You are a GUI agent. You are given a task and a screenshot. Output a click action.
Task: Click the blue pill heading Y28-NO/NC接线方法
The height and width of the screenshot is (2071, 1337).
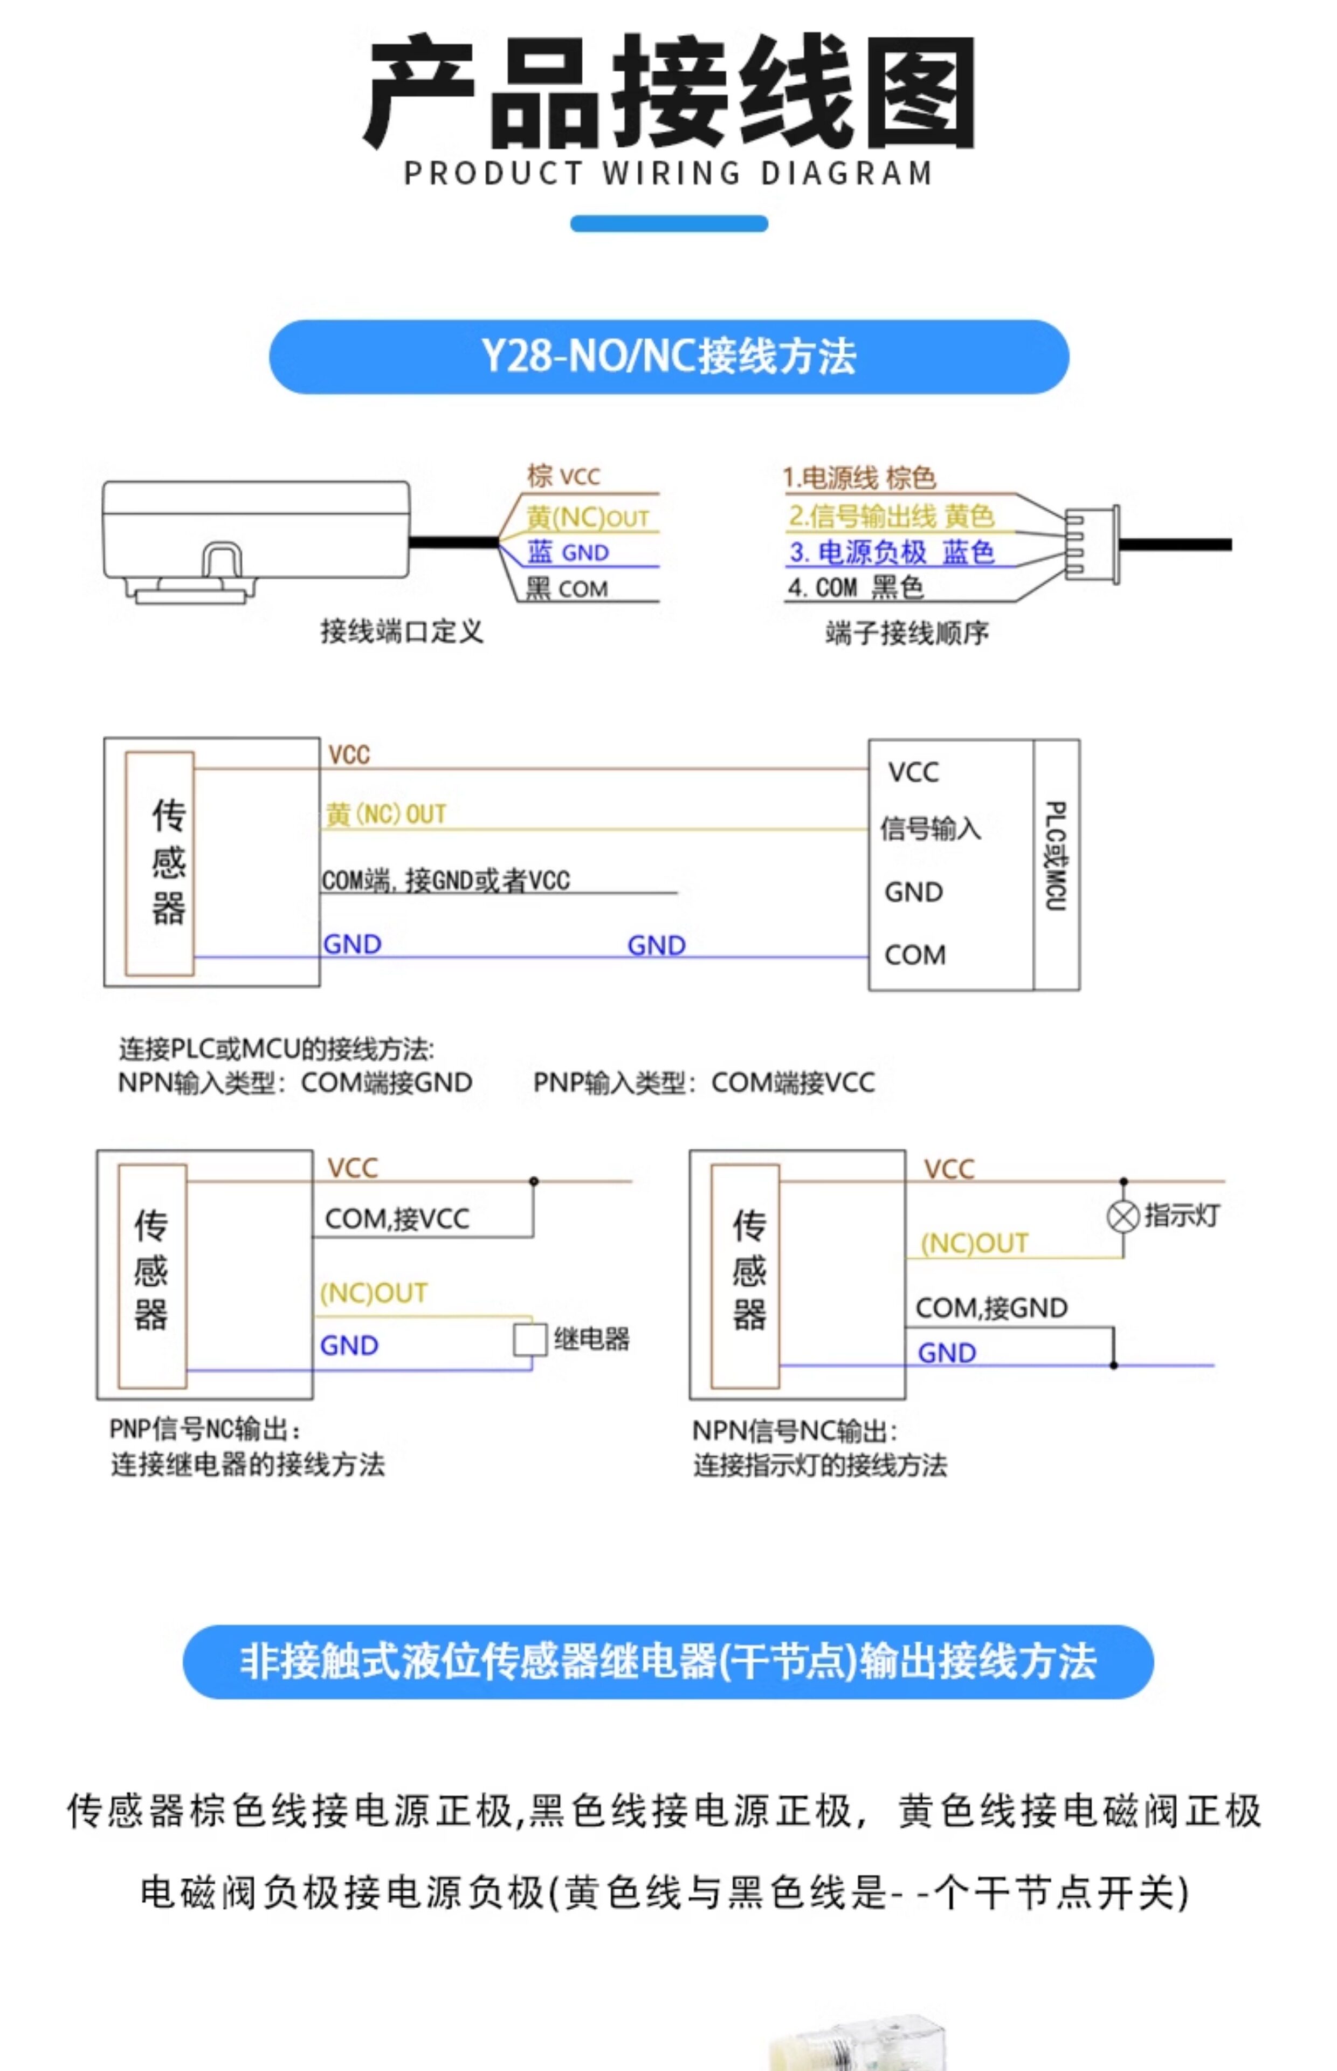668,357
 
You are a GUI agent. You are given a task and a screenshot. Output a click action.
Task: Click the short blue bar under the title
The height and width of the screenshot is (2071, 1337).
668,223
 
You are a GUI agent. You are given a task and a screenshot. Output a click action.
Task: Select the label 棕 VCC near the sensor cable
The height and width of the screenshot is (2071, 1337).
563,476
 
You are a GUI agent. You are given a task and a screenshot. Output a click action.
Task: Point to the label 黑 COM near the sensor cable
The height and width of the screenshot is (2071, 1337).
566,589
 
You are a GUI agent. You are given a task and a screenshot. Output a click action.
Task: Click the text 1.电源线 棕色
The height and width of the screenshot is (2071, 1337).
859,478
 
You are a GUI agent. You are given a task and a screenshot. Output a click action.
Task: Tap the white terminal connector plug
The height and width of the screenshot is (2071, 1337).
1092,545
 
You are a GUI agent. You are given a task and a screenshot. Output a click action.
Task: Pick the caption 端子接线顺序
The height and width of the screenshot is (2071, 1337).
907,633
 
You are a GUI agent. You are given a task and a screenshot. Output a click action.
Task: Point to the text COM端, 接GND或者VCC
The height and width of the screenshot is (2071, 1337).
445,881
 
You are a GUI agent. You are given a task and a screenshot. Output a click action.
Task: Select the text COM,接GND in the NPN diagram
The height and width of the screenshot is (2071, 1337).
991,1308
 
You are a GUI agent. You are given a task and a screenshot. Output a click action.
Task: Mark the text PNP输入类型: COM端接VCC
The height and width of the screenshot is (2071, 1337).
704,1083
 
